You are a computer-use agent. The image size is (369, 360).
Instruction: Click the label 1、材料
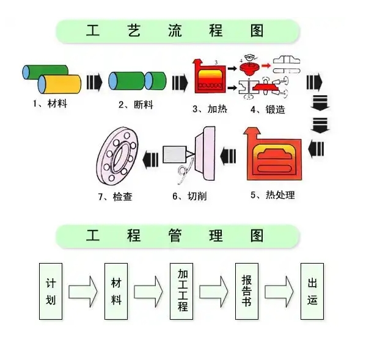(49, 104)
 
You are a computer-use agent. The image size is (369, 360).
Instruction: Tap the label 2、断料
(136, 104)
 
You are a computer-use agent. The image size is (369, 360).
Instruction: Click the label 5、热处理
(273, 195)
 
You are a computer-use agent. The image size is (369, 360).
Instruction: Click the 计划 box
(51, 292)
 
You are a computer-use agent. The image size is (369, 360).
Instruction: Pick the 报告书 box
(248, 291)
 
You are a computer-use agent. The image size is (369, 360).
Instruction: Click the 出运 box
(313, 292)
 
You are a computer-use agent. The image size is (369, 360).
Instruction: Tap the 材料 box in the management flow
(117, 292)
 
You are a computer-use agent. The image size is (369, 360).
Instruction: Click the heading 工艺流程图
(178, 31)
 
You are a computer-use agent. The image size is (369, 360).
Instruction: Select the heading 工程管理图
(178, 236)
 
